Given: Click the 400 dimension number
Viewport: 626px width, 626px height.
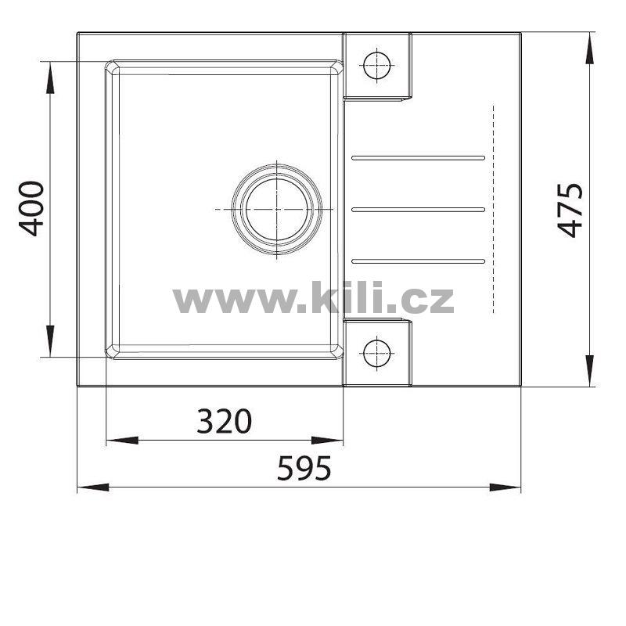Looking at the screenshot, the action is [31, 209].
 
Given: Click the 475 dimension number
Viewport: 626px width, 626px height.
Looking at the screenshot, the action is [570, 210].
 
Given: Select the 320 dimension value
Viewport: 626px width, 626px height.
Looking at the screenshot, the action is [225, 421].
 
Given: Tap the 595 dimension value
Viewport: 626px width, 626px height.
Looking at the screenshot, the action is [304, 467].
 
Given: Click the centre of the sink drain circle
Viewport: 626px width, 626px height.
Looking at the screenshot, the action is [277, 209].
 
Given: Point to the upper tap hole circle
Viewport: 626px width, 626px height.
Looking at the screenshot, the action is [377, 65].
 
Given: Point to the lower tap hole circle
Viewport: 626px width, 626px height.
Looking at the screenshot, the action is [377, 354].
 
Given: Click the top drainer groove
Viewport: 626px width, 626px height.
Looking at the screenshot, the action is [418, 158].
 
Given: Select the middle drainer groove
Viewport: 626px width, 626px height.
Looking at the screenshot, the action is [418, 210].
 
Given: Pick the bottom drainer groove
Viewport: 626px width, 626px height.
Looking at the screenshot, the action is [418, 261].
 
